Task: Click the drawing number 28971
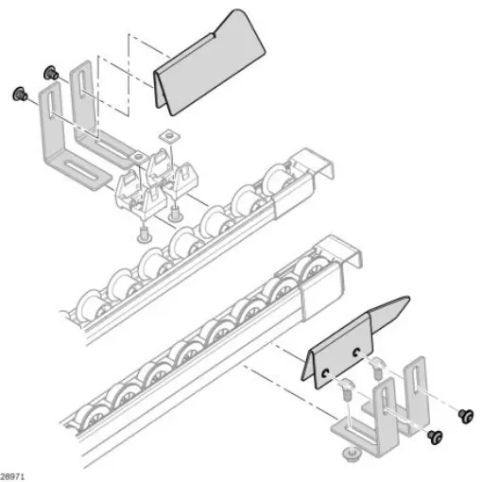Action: [x=14, y=470]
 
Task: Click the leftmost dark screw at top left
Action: [x=17, y=94]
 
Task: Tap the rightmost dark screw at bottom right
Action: [x=465, y=414]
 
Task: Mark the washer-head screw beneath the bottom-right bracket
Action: [x=353, y=455]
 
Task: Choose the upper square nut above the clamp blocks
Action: [x=170, y=136]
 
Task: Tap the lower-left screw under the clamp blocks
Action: [x=145, y=233]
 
